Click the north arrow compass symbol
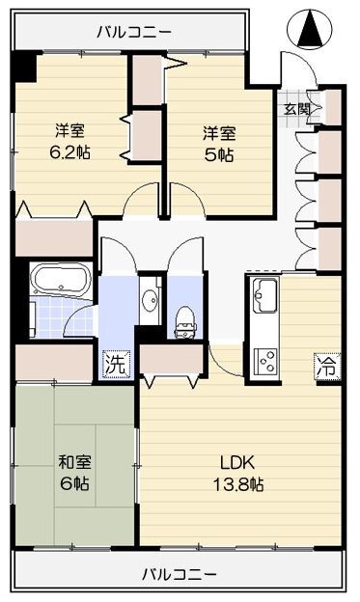click(311, 28)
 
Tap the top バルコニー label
click(135, 33)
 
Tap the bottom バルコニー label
click(180, 574)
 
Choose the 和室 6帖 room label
click(73, 473)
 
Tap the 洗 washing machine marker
click(115, 366)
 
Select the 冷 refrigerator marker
click(327, 367)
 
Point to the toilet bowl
click(182, 321)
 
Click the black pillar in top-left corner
click(24, 67)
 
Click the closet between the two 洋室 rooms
click(146, 106)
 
